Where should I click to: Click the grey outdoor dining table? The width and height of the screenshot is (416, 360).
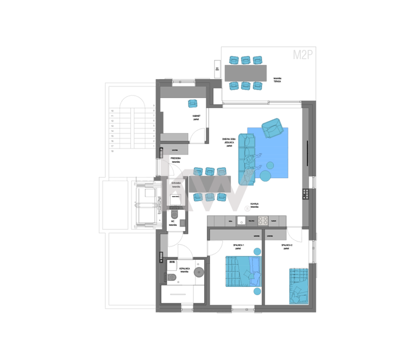pos(245,73)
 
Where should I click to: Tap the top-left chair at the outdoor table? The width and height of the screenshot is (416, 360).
pos(233,59)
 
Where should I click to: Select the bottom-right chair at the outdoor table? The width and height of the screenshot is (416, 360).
pos(258,86)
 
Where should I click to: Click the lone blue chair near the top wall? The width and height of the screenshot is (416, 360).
pos(192,104)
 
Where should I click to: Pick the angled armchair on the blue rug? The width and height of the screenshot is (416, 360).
pos(271,127)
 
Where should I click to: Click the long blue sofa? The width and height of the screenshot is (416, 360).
pos(246,158)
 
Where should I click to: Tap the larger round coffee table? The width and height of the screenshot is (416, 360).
pos(265,176)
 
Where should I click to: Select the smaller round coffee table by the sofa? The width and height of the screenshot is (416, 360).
pos(270,164)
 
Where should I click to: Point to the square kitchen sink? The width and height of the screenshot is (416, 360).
pos(241,220)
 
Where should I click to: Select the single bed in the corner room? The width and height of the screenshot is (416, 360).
pos(298,286)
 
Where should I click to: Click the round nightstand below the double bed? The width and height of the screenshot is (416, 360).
pos(256,291)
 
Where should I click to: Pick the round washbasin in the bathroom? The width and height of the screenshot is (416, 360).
pos(198,272)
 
